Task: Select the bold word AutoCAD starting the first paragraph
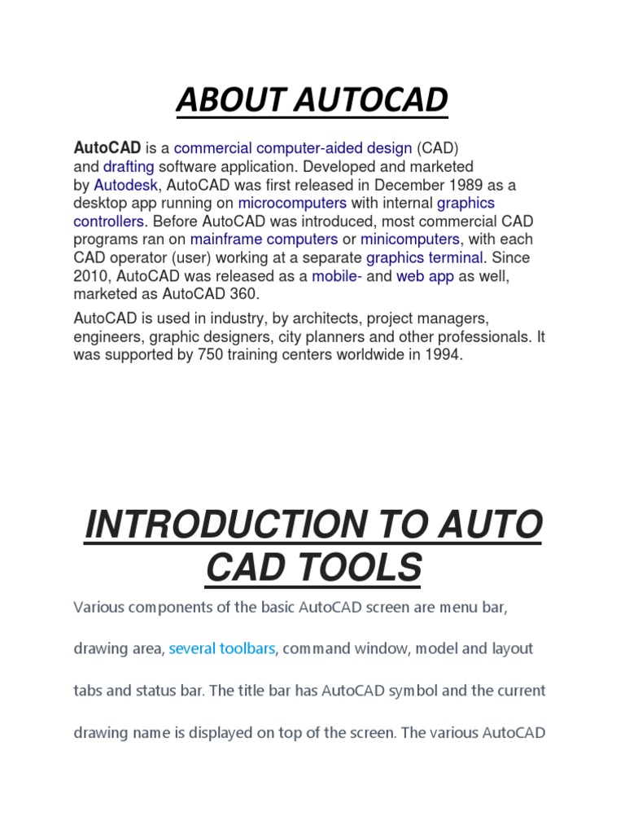(107, 148)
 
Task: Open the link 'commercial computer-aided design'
(293, 148)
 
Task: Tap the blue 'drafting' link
(128, 166)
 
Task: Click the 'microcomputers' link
(292, 203)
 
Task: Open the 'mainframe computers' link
(264, 239)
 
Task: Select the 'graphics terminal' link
(425, 258)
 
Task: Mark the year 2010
(89, 276)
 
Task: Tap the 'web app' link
(425, 276)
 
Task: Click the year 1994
(445, 354)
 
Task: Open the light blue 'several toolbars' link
(222, 649)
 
